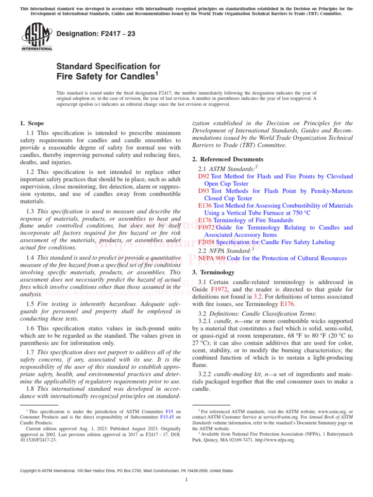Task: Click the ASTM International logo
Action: pyautogui.click(x=36, y=38)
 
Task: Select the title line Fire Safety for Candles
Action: pyautogui.click(x=107, y=76)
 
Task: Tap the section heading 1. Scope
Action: pyautogui.click(x=32, y=124)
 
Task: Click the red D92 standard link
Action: pyautogui.click(x=203, y=177)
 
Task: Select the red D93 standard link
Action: pyautogui.click(x=203, y=191)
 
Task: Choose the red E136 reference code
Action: pyautogui.click(x=205, y=205)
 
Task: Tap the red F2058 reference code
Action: pyautogui.click(x=206, y=242)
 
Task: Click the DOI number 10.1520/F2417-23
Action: pyautogui.click(x=38, y=440)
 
